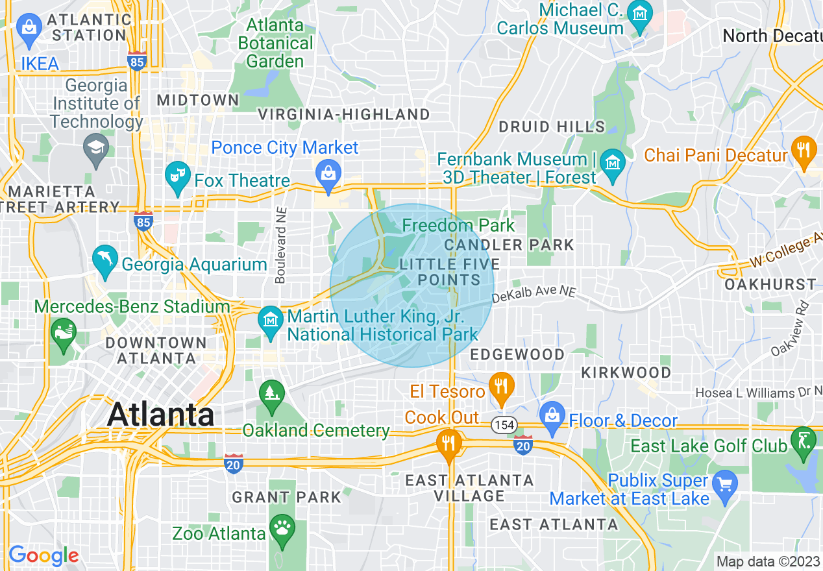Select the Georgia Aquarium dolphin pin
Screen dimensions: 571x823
point(105,261)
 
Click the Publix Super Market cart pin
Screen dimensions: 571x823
point(724,485)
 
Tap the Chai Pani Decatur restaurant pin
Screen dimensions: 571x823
point(804,151)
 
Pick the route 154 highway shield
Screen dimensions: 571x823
point(504,425)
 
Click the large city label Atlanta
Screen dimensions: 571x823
point(160,415)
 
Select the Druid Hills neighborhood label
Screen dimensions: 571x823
point(552,127)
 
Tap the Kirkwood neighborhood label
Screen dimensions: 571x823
point(626,372)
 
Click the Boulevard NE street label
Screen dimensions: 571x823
point(280,245)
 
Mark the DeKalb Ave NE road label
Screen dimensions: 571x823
point(534,296)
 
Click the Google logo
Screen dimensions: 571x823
point(43,556)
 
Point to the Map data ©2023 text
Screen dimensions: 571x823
point(767,561)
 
